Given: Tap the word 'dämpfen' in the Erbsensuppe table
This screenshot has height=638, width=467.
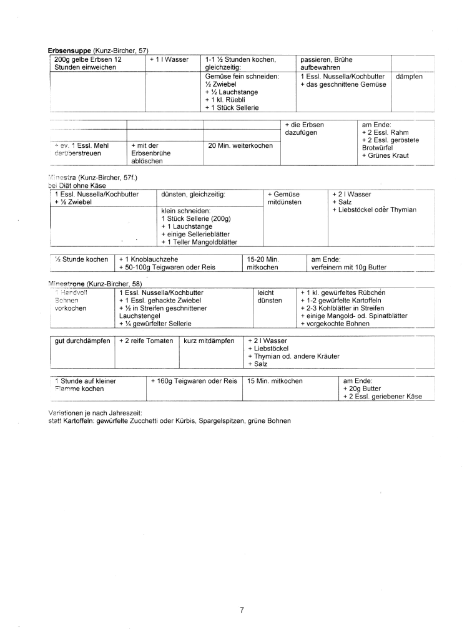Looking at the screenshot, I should pos(410,76).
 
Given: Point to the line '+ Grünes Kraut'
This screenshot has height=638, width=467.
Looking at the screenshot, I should pos(385,155).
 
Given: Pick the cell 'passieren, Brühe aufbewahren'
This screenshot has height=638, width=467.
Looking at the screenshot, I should pos(327,64).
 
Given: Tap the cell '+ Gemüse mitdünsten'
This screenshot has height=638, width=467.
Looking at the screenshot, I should pos(284,198).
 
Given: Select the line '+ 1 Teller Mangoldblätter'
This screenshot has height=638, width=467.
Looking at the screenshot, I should pos(199,242).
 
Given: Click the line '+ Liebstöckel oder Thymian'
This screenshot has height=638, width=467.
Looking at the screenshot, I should pos(374,210).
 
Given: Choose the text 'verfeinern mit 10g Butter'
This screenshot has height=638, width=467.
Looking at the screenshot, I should pos(349,268).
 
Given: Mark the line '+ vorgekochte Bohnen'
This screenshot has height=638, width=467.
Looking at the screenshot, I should pos(336,324).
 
